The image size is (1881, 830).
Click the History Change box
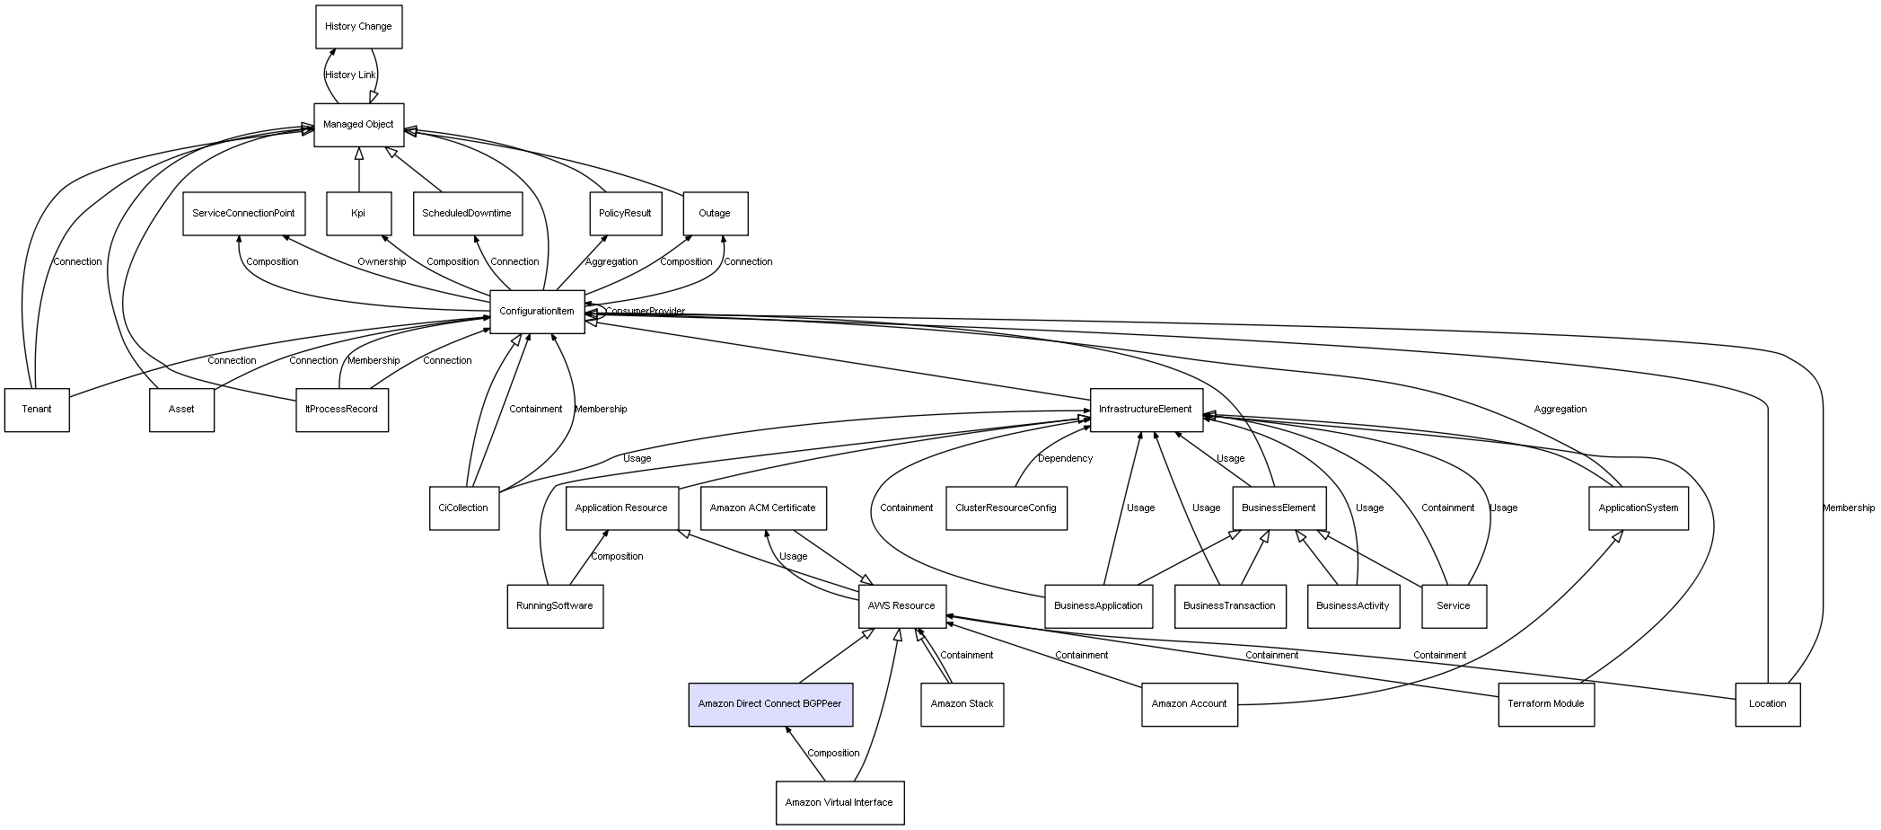click(359, 27)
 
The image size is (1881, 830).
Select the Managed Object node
click(359, 125)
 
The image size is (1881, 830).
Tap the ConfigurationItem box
click(537, 312)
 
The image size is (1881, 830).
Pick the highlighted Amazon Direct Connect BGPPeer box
click(770, 704)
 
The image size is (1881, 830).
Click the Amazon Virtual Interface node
click(839, 802)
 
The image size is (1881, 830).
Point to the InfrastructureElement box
click(1147, 410)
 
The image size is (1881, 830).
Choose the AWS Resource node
click(901, 606)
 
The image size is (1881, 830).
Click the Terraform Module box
click(1546, 704)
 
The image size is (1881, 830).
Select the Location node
click(1768, 704)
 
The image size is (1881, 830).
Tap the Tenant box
click(37, 410)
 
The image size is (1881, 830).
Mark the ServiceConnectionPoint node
click(244, 214)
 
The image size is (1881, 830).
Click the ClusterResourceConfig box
click(1006, 508)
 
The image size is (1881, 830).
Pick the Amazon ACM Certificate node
click(763, 508)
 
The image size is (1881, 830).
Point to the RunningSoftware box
click(555, 606)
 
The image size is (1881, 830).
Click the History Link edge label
click(351, 75)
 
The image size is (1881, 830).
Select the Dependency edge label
click(1066, 459)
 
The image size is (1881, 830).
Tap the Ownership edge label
click(382, 262)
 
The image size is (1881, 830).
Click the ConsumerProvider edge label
click(646, 312)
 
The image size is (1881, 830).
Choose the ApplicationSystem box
click(1639, 508)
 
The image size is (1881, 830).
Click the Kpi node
click(359, 214)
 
